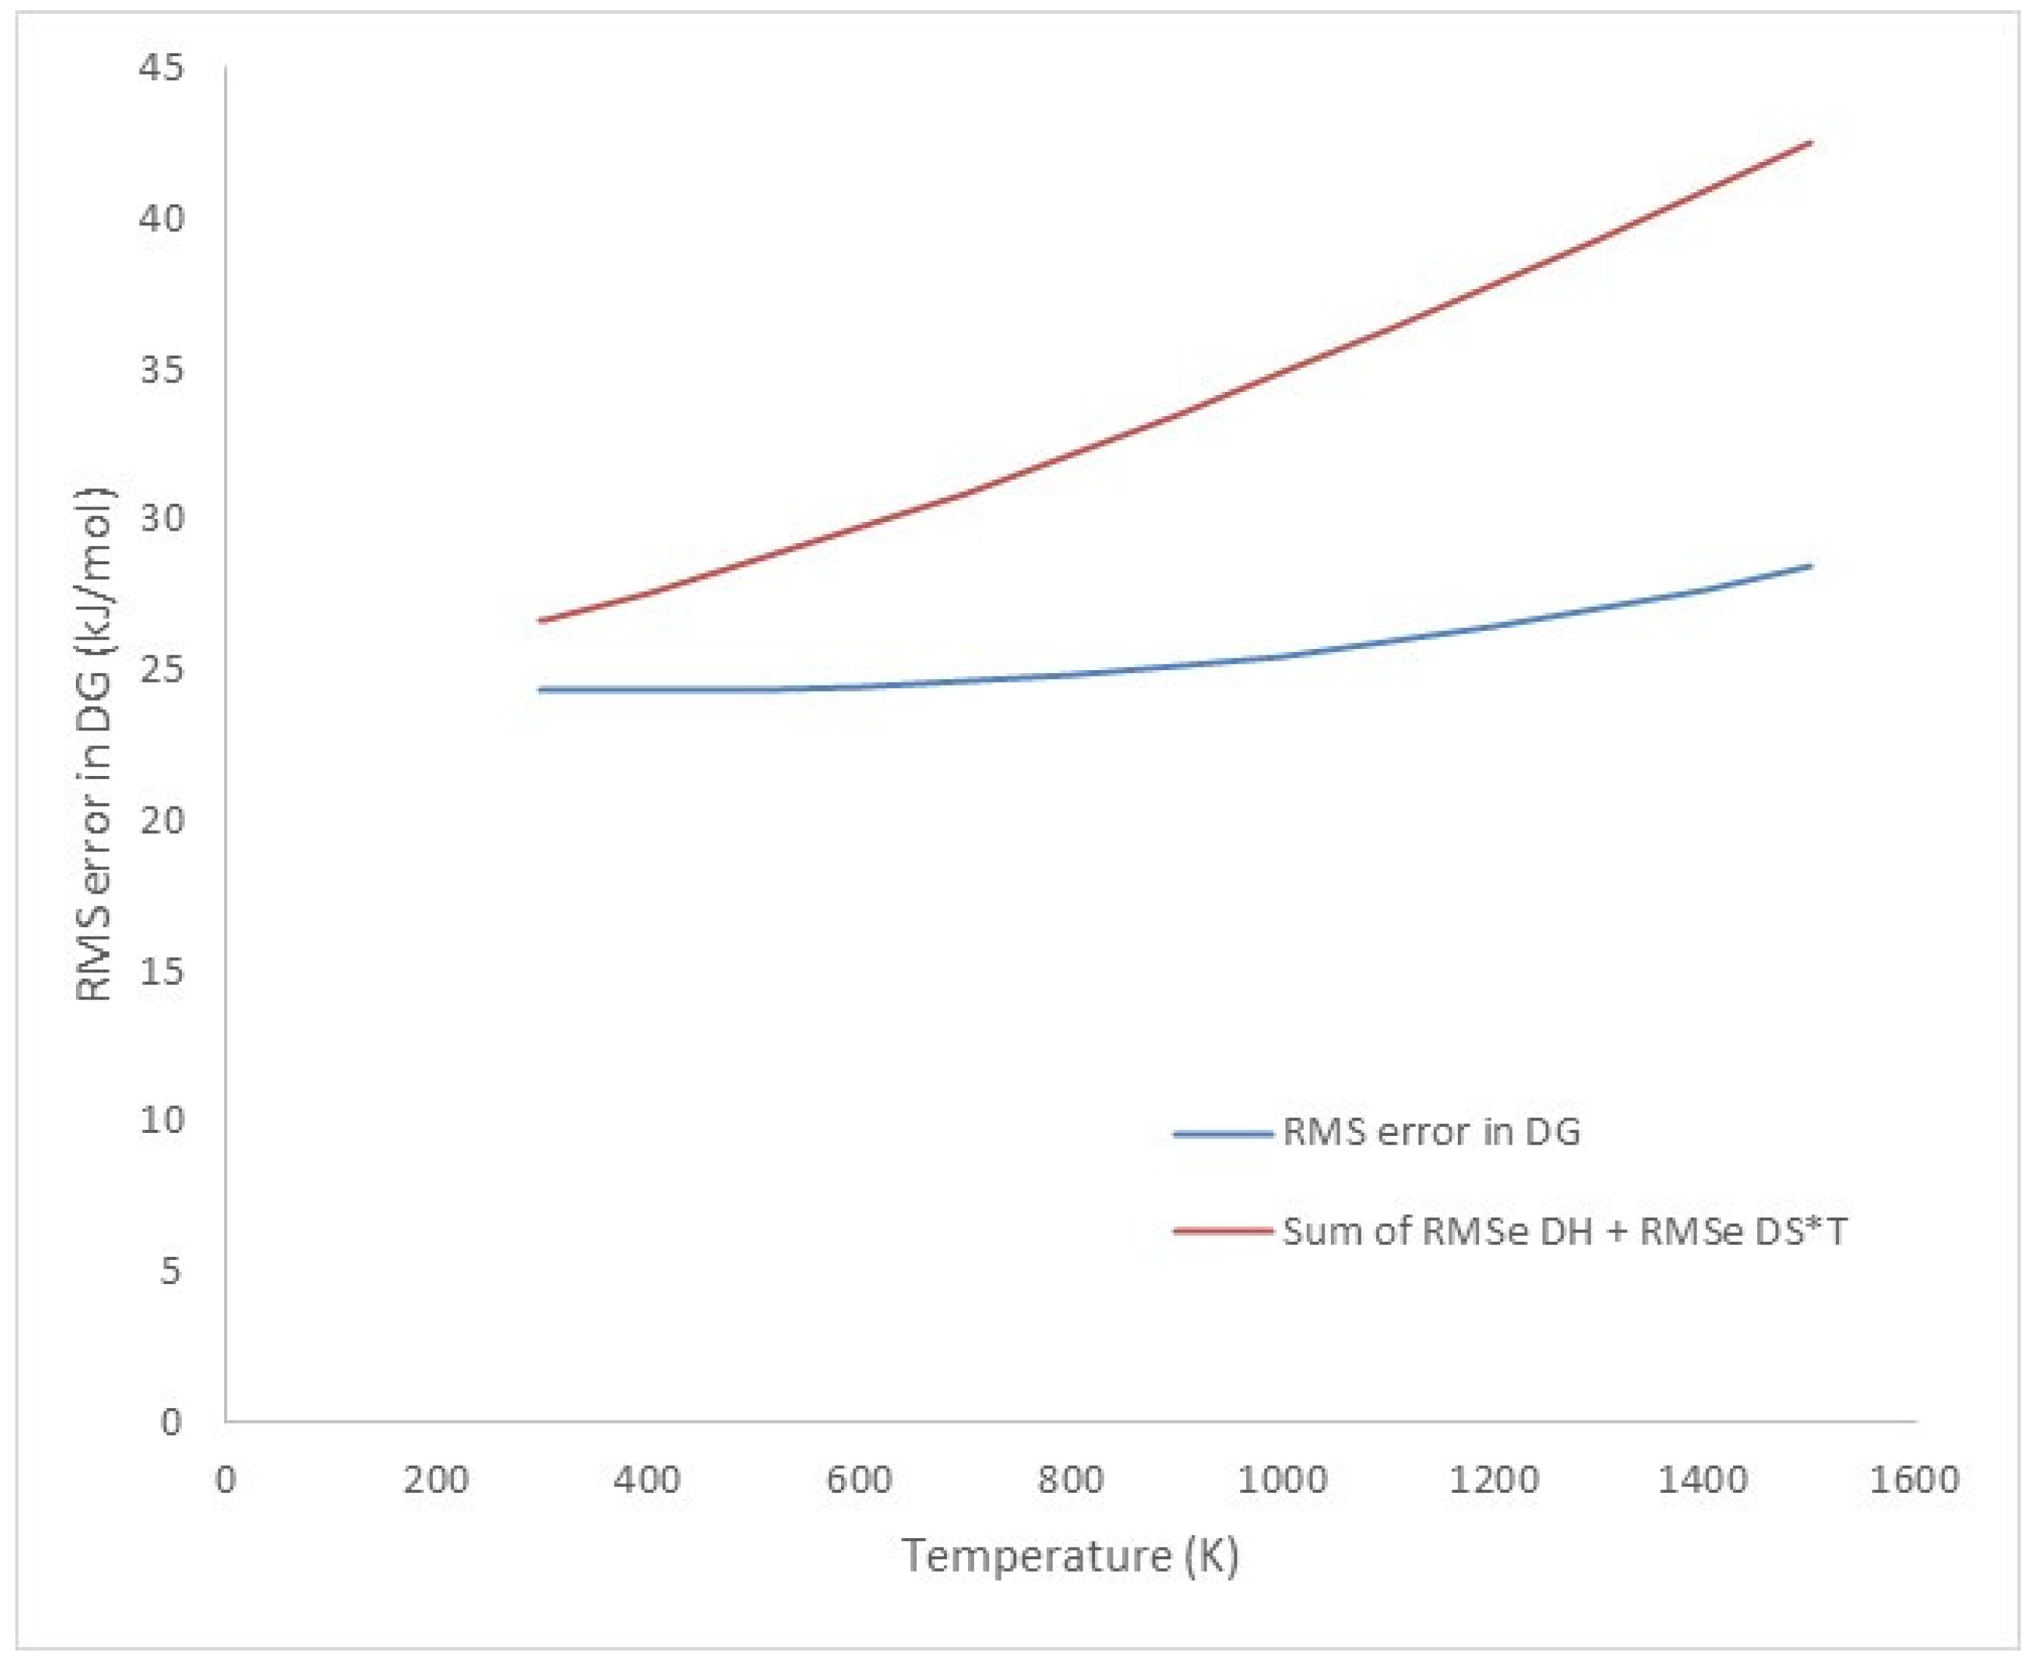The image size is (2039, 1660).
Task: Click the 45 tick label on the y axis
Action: (x=161, y=68)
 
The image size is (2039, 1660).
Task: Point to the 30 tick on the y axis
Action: (x=161, y=518)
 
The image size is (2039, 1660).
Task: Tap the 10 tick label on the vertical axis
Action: (x=161, y=1120)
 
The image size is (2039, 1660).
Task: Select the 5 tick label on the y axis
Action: (x=170, y=1271)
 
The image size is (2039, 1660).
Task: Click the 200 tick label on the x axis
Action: (x=436, y=1480)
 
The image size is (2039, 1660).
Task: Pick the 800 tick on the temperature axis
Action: (x=1070, y=1480)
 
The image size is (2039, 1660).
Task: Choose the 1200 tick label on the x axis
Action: (x=1493, y=1480)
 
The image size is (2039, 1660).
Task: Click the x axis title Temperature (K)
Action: (x=1070, y=1556)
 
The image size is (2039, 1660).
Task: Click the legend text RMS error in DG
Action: (x=1431, y=1132)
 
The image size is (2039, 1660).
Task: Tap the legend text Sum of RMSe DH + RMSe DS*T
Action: (x=1564, y=1231)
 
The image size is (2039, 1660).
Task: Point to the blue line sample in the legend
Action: (x=1222, y=1134)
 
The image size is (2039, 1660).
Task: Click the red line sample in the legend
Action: (x=1222, y=1231)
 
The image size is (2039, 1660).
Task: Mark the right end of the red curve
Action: (x=1810, y=142)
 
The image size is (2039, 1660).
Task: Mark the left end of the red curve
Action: (x=541, y=620)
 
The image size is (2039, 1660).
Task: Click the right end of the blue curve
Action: (x=1810, y=566)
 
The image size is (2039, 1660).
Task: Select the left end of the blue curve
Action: (x=541, y=689)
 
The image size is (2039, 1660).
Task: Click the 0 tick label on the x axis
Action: (x=226, y=1480)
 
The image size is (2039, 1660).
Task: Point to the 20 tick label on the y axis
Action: (x=161, y=820)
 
